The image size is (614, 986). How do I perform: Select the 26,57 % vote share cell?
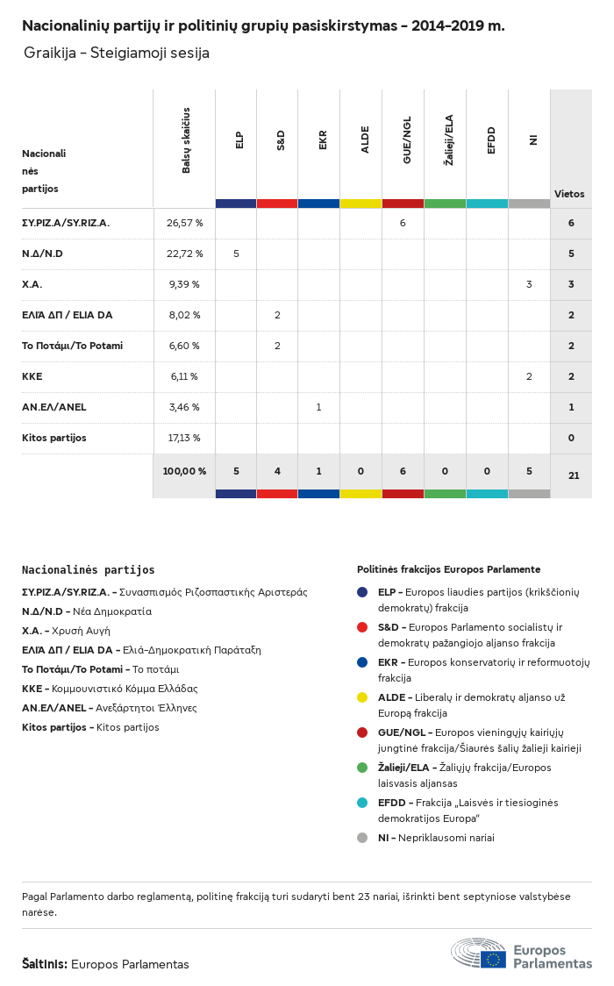pyautogui.click(x=184, y=223)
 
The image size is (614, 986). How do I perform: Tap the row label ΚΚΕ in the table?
pyautogui.click(x=32, y=376)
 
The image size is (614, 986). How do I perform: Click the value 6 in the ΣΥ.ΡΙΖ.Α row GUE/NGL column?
pyautogui.click(x=403, y=223)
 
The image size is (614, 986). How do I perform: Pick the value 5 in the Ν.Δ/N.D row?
pyautogui.click(x=236, y=254)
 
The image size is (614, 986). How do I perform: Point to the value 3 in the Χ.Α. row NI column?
pyautogui.click(x=529, y=284)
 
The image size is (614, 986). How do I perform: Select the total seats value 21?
pyautogui.click(x=574, y=475)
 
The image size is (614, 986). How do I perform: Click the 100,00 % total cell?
pyautogui.click(x=184, y=471)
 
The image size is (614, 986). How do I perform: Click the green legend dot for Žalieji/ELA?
pyautogui.click(x=362, y=768)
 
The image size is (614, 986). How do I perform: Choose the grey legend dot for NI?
pyautogui.click(x=362, y=838)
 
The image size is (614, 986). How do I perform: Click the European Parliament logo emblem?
pyautogui.click(x=479, y=953)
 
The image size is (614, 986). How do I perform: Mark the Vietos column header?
pyautogui.click(x=569, y=194)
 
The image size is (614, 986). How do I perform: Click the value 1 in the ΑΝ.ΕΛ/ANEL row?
pyautogui.click(x=318, y=407)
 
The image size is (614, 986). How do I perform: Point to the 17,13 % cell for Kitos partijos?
pyautogui.click(x=184, y=438)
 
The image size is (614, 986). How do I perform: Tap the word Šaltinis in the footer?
pyautogui.click(x=44, y=964)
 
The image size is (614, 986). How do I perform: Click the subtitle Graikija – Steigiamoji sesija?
pyautogui.click(x=117, y=54)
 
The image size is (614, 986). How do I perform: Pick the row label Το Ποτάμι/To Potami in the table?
pyautogui.click(x=72, y=346)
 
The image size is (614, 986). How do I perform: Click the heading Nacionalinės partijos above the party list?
pyautogui.click(x=88, y=570)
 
